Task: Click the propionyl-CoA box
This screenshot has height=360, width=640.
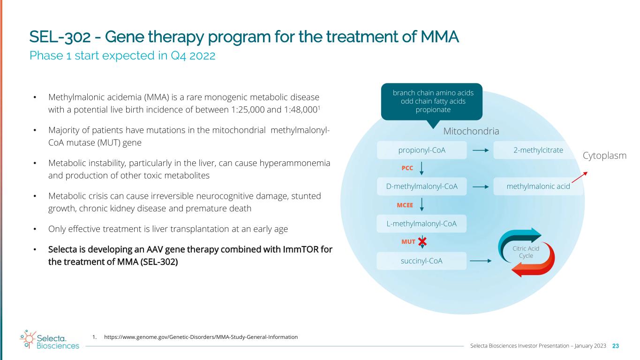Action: coord(422,150)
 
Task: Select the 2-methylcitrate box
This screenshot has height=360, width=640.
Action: coord(535,150)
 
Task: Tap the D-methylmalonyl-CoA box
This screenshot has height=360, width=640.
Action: coord(422,186)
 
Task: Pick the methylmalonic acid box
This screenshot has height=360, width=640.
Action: coord(538,186)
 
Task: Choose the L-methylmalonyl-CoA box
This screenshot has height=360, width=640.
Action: coord(422,224)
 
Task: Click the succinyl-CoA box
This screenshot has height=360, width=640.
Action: coord(422,261)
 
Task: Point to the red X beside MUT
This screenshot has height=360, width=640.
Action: coord(422,242)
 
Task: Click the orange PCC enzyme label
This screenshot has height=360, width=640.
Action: coord(407,168)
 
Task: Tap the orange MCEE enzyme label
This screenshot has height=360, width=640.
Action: coord(405,205)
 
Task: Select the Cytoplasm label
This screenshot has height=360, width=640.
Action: coord(604,156)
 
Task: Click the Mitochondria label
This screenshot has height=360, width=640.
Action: coord(471,131)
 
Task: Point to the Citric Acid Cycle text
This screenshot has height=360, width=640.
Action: coord(526,252)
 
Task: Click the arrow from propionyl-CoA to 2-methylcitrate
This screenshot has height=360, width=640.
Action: coord(481,150)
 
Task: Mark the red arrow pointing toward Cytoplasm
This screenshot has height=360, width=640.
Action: coord(580,177)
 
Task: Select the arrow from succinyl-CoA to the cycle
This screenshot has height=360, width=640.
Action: coord(481,261)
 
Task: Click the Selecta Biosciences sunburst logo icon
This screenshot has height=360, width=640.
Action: coord(28,339)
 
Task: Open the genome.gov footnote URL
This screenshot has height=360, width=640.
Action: coord(201,337)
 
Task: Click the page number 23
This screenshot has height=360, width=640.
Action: coord(616,346)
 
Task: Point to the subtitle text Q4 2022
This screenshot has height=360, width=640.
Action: coord(193,56)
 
